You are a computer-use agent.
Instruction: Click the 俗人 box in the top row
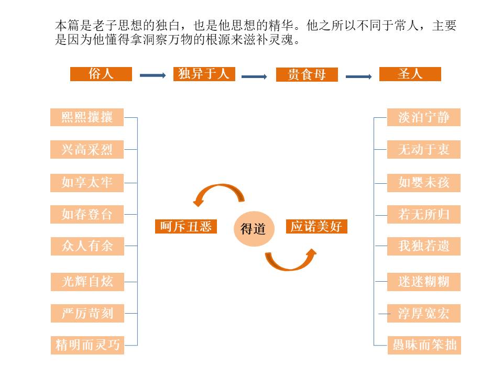point(101,74)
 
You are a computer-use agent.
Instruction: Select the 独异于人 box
point(204,74)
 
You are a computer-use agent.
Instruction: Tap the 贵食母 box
point(307,75)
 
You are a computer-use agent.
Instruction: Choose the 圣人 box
point(410,74)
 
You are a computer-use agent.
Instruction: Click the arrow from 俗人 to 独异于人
point(152,75)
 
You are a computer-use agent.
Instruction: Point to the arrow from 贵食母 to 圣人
point(358,77)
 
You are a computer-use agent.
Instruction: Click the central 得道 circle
point(253,228)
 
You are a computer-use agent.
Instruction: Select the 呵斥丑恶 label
point(186,226)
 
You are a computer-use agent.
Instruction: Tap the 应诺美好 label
point(316,226)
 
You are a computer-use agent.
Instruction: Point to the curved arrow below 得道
point(291,260)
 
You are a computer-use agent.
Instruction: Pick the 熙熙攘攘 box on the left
point(87,117)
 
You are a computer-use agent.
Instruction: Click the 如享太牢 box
point(87,183)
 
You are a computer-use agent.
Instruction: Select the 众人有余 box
point(87,246)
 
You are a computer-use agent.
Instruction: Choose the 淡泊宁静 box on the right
point(424,117)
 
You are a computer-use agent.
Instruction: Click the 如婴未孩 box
point(424,183)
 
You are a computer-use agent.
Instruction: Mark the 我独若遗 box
point(424,246)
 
